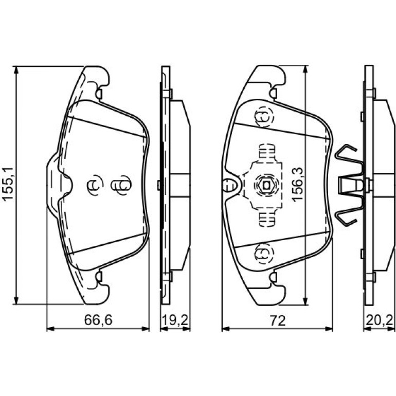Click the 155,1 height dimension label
coord(7,184)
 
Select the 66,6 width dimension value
coord(98,320)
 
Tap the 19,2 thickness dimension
coord(175,320)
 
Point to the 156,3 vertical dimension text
coord(297,184)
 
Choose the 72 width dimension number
coord(277,320)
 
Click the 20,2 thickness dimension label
coord(380,320)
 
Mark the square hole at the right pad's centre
coord(266,186)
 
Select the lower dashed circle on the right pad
coord(264,254)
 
